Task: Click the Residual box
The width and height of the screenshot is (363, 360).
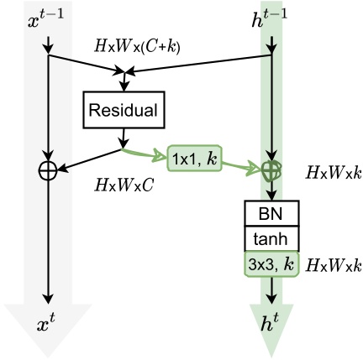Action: [x=124, y=109]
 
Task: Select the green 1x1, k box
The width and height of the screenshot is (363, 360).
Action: [x=195, y=157]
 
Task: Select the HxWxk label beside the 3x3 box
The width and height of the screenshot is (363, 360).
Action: [x=333, y=266]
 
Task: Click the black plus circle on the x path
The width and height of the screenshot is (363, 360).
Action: [x=48, y=170]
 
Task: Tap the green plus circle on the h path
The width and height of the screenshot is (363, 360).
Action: [x=271, y=170]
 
